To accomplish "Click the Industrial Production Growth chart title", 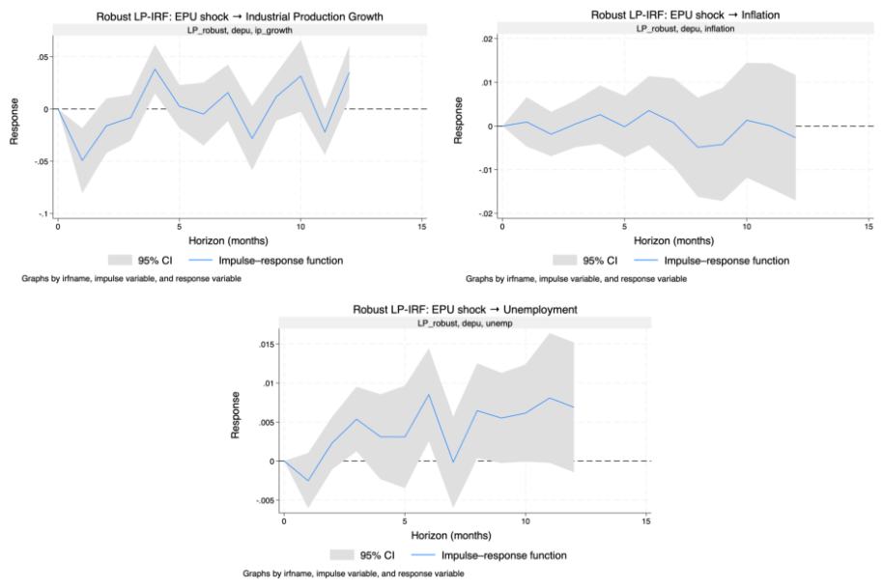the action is click(x=240, y=16).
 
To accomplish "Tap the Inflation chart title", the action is click(x=685, y=15).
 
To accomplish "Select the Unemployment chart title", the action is click(x=465, y=310).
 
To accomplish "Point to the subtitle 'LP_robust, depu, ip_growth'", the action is click(x=240, y=30).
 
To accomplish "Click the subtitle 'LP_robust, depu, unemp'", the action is click(x=465, y=323).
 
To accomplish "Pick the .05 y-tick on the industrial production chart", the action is click(x=43, y=57).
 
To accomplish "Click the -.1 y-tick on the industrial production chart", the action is click(x=44, y=213).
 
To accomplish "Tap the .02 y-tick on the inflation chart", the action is click(x=487, y=39).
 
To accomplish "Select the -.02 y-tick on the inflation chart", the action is click(x=486, y=213).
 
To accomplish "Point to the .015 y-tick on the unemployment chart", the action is click(x=267, y=345).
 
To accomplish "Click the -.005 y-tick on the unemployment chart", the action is click(x=266, y=500).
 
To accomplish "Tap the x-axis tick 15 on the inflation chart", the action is click(x=869, y=227).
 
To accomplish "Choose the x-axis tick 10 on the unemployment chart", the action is click(x=526, y=521).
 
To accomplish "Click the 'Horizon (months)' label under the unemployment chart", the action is click(x=451, y=535).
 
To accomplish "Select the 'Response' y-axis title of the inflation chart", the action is click(x=458, y=121).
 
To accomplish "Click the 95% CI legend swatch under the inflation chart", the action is click(x=565, y=261).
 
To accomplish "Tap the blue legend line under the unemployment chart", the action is click(x=423, y=555).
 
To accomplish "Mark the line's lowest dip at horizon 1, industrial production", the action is click(x=82, y=160).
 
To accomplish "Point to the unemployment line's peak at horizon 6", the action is click(x=429, y=395).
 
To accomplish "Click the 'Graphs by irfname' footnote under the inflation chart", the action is click(x=576, y=278).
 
